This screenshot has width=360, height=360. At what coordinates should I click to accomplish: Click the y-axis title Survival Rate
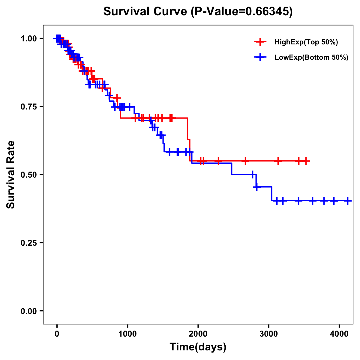(x=11, y=174)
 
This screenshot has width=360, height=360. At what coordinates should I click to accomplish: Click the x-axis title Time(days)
(x=198, y=347)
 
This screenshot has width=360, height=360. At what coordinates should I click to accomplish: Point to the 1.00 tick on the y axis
(x=28, y=38)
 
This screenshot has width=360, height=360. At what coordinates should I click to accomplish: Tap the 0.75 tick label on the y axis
(x=28, y=106)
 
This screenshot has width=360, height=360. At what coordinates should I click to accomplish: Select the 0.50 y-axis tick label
(x=28, y=175)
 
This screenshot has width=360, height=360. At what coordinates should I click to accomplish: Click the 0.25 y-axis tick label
(x=28, y=243)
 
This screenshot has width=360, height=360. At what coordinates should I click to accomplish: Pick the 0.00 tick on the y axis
(x=28, y=311)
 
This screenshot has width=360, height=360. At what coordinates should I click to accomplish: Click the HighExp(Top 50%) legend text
(x=306, y=42)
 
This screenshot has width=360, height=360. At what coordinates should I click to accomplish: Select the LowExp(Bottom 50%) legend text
(x=311, y=57)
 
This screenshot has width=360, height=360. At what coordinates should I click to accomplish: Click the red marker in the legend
(x=260, y=42)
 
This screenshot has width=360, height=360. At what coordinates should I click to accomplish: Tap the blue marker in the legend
(x=260, y=57)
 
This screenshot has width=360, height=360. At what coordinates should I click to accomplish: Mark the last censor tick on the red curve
(x=306, y=161)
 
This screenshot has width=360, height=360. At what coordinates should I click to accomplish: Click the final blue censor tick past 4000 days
(x=348, y=201)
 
